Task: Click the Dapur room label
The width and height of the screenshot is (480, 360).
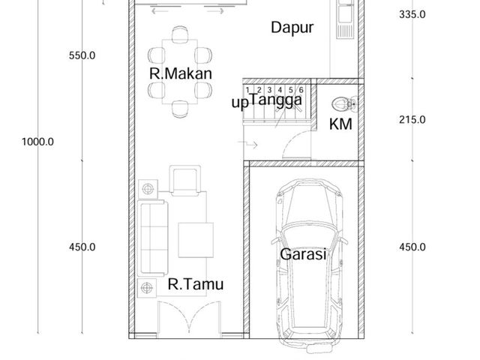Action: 292,28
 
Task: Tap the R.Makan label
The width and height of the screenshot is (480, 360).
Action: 181,73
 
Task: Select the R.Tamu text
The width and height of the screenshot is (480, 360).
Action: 196,284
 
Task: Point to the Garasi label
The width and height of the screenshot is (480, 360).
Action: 303,254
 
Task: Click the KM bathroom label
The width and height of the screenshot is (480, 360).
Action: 340,124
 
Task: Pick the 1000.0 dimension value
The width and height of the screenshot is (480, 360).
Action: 37,142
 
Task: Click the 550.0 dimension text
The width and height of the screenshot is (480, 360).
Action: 82,55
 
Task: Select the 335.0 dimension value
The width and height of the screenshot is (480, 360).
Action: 412,14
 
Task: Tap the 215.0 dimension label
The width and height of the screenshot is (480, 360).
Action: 412,120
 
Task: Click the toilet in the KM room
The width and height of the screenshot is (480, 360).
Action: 344,104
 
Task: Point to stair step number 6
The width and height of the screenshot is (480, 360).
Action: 301,90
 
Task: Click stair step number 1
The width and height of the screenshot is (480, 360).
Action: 247,90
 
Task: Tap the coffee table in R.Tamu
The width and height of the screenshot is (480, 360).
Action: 196,240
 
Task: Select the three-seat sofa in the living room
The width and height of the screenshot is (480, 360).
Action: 153,238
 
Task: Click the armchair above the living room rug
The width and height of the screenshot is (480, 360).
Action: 185,181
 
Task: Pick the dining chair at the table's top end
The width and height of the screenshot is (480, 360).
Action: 180,34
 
